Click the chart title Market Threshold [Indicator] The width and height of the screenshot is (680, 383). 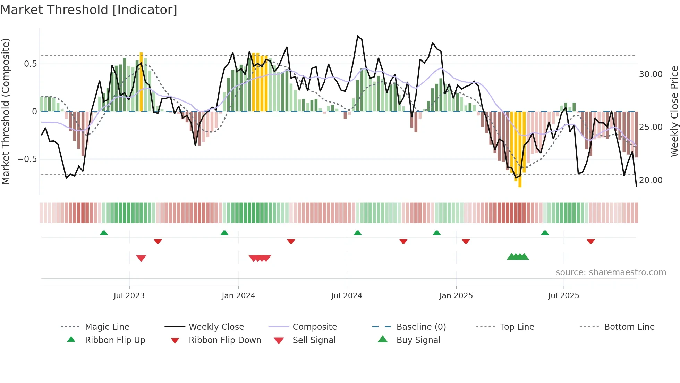pyautogui.click(x=89, y=10)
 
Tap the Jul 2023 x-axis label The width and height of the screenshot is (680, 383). pyautogui.click(x=129, y=295)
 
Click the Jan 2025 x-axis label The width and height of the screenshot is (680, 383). pyautogui.click(x=456, y=295)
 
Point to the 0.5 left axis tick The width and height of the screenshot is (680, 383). pyautogui.click(x=30, y=64)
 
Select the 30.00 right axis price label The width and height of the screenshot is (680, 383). pyautogui.click(x=651, y=74)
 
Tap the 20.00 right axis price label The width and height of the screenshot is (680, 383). pyautogui.click(x=651, y=180)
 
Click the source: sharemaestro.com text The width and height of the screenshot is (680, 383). pyautogui.click(x=611, y=272)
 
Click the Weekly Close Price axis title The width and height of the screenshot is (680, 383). pyautogui.click(x=674, y=111)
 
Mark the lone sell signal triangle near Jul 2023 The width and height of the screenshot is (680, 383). pyautogui.click(x=141, y=258)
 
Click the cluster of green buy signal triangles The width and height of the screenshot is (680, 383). pyautogui.click(x=518, y=257)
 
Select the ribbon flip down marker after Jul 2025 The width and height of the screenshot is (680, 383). pyautogui.click(x=591, y=241)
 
